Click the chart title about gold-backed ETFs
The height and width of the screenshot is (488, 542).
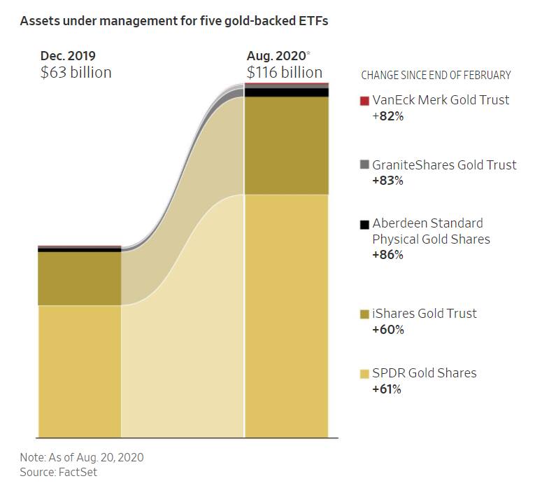174,21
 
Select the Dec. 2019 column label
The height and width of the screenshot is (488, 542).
68,55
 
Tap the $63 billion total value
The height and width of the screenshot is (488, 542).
76,72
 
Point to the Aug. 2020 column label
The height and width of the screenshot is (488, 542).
275,55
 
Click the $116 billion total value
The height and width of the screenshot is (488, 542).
284,72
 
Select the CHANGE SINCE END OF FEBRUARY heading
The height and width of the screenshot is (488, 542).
436,75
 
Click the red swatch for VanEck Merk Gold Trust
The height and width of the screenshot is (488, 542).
364,100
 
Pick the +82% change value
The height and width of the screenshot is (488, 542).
388,116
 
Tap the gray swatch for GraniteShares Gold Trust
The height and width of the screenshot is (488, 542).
364,165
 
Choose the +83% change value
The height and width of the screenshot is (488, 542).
388,181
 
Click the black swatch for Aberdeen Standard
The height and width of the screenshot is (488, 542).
364,224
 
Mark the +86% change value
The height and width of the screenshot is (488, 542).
388,255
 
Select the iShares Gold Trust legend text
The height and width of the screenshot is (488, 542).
425,313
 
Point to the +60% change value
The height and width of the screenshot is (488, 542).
388,329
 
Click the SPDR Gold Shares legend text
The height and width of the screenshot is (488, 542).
425,372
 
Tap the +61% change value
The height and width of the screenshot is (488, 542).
387,389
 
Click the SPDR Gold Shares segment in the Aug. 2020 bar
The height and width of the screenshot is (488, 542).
286,315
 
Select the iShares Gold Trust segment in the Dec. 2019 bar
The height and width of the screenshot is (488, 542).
80,278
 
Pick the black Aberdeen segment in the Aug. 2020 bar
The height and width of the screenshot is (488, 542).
286,92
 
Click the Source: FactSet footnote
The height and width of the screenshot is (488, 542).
58,472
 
